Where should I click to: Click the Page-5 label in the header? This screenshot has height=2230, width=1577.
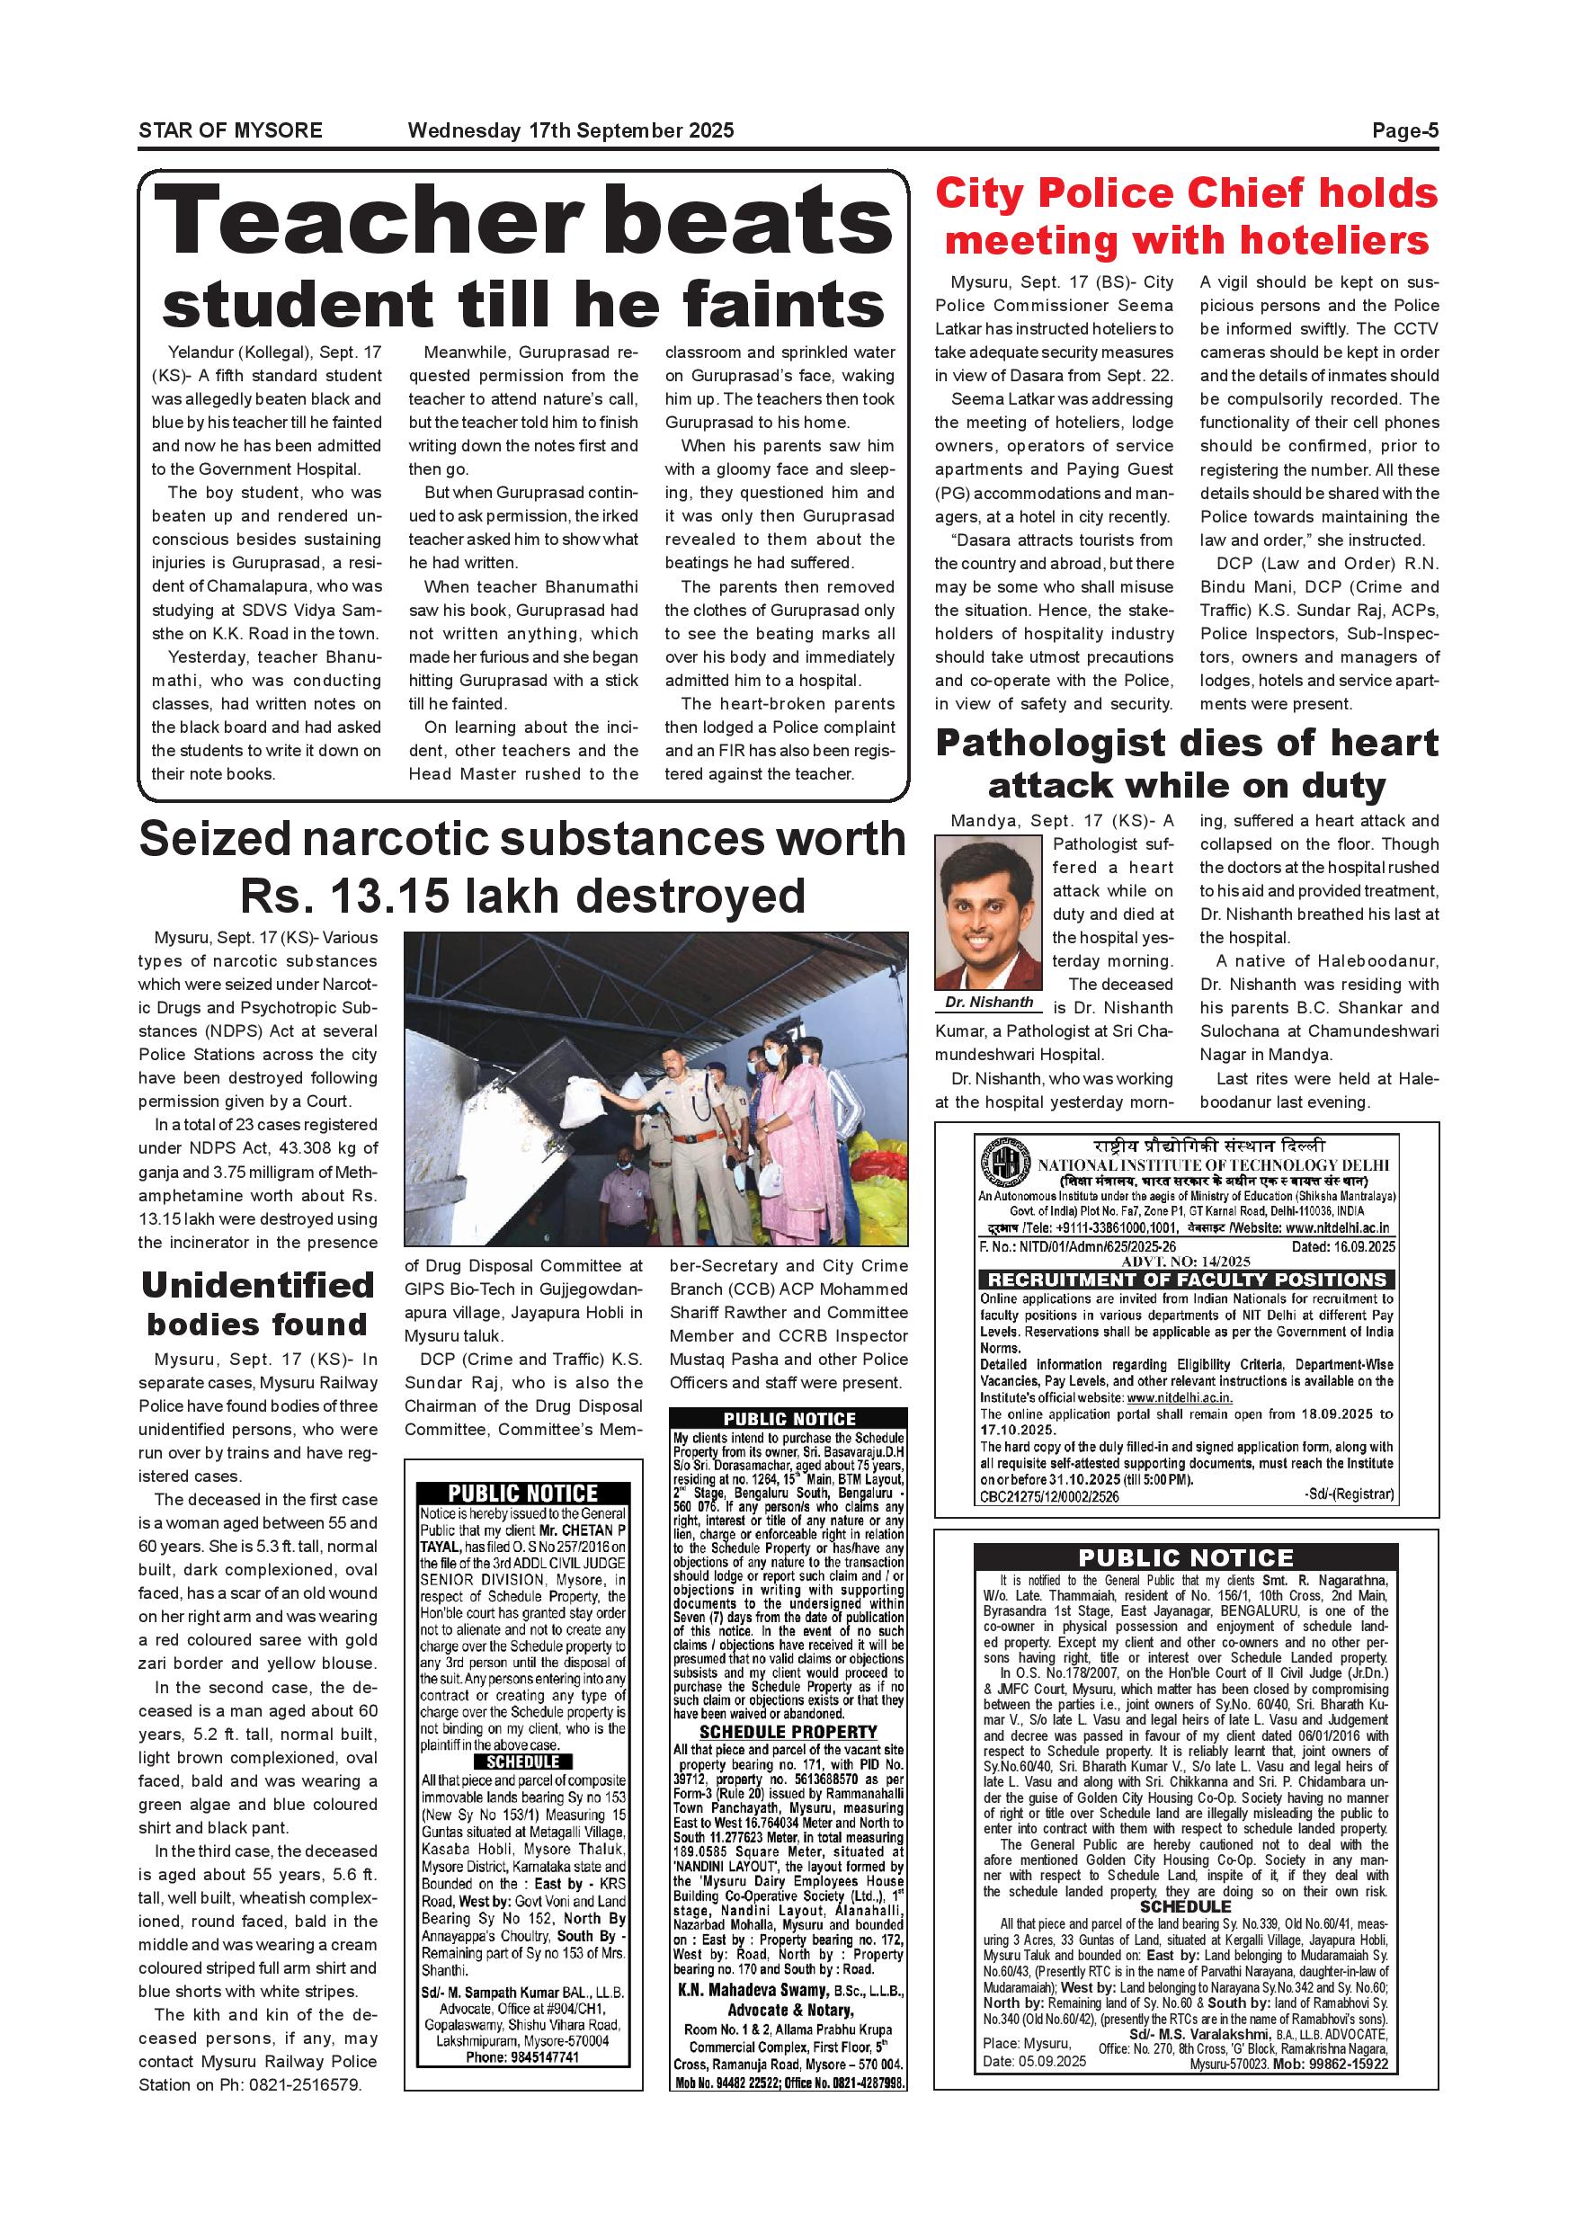click(1404, 131)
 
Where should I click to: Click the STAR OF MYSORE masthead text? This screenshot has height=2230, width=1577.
click(230, 131)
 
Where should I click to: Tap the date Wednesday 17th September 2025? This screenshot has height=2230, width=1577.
click(571, 131)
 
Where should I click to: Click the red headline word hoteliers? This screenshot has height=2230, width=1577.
click(1332, 241)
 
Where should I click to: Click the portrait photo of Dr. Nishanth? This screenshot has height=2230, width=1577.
click(987, 914)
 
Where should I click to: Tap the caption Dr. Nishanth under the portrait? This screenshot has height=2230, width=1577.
click(988, 1003)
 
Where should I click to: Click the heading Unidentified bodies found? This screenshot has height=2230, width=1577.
click(257, 1305)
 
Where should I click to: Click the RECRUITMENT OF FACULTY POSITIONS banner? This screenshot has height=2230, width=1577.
click(1186, 1280)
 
